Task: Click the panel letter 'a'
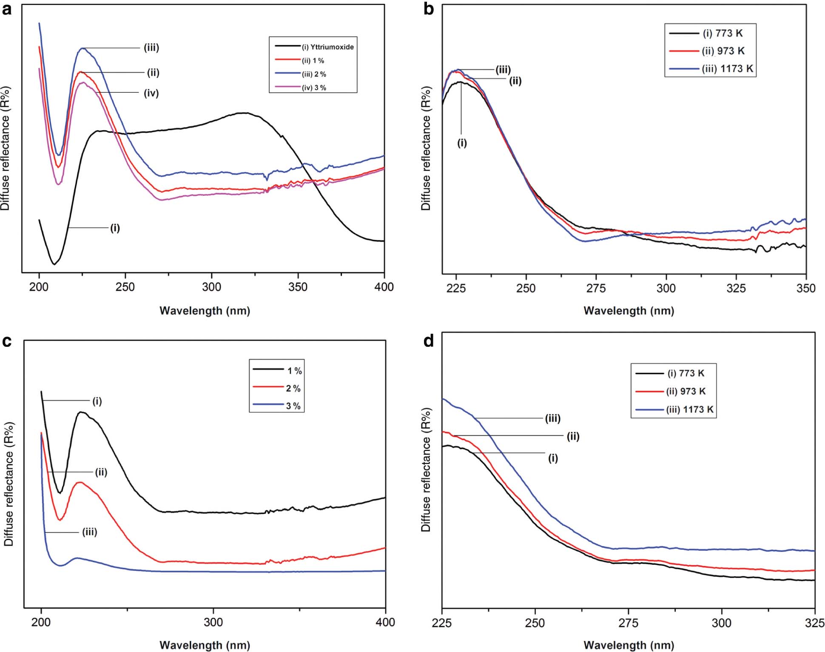tap(7, 9)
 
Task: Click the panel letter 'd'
tap(429, 341)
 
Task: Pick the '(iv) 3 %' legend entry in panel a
tap(314, 88)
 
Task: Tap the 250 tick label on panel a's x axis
tap(125, 287)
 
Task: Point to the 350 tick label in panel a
tap(297, 287)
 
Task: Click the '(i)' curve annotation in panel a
tap(115, 228)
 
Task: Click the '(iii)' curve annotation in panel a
tap(151, 48)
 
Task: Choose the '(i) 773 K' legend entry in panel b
tap(723, 33)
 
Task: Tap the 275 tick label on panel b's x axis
tap(596, 289)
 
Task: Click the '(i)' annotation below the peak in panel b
tap(462, 143)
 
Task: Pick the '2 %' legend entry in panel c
tap(293, 389)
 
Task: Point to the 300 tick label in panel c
tap(213, 623)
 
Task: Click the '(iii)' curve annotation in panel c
tap(90, 532)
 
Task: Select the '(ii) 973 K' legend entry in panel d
tap(686, 392)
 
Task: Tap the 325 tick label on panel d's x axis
tap(814, 623)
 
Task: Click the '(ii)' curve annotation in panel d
tap(573, 437)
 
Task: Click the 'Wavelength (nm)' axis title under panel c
tap(205, 645)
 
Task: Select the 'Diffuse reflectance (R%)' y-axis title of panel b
tap(426, 148)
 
